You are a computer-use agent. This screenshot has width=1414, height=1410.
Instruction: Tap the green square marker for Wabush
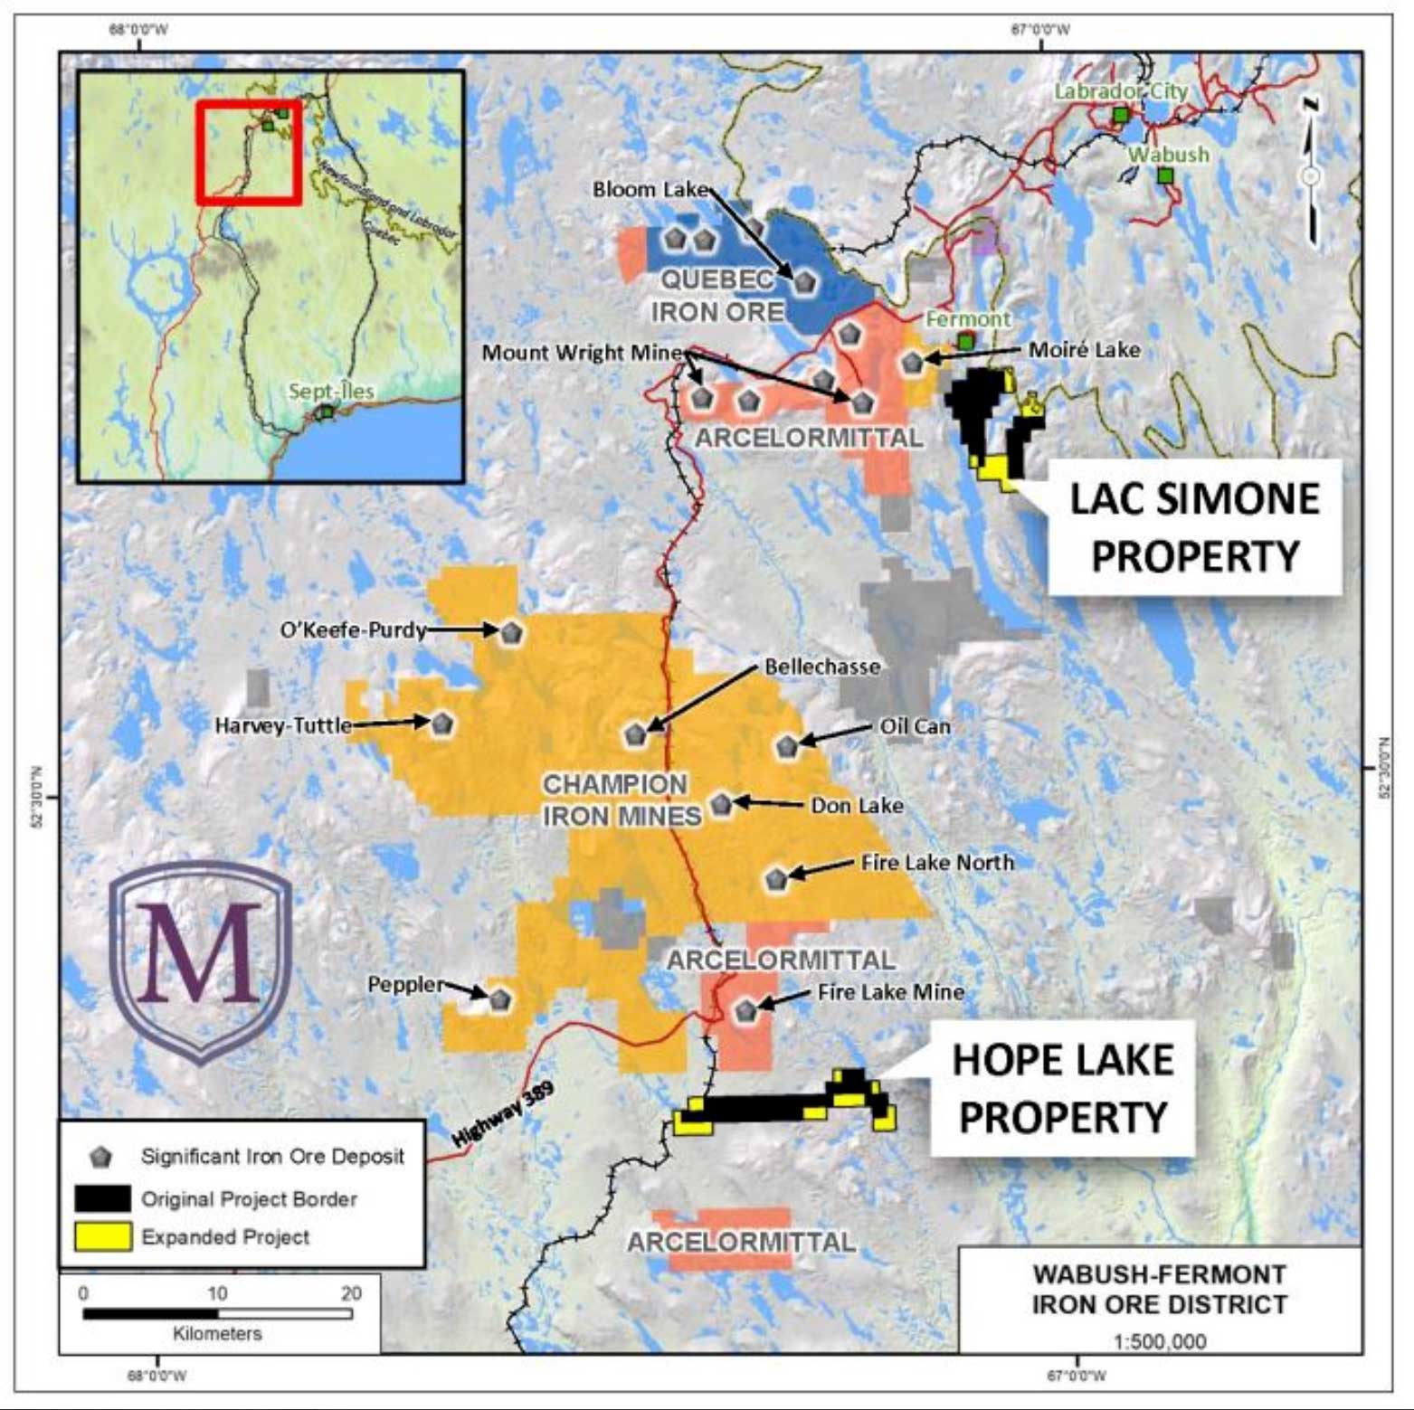coord(1166,175)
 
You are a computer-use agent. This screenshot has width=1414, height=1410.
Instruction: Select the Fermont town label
coord(967,318)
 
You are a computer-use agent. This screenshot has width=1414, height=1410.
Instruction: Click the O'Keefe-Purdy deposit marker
coord(511,631)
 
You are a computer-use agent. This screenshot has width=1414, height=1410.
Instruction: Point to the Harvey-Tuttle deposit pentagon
coord(441,724)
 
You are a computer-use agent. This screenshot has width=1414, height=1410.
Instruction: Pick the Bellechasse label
coord(821,667)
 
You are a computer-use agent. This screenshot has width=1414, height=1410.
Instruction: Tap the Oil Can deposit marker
coord(787,745)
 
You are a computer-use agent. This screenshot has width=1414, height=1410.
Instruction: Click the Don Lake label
coord(856,805)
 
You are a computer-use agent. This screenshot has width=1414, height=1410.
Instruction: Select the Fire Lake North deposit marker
coord(776,878)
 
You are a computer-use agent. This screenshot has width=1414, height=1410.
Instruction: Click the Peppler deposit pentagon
coord(499,999)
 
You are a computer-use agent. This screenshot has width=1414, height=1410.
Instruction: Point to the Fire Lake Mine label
coord(890,992)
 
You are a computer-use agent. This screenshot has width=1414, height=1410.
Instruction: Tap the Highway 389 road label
coord(502,1114)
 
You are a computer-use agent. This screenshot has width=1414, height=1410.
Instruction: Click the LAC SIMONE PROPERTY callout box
coord(1193,527)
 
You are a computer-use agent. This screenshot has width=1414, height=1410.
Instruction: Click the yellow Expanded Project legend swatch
coord(102,1236)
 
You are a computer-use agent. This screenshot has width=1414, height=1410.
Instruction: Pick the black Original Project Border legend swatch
coord(102,1198)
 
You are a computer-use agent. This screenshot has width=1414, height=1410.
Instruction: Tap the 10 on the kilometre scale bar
coord(217,1292)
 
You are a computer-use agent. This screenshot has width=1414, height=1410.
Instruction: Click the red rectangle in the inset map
coord(248,151)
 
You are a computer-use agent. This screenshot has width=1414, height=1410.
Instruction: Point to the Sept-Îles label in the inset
coord(330,392)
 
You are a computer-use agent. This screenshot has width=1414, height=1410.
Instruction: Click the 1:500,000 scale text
coord(1160,1339)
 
